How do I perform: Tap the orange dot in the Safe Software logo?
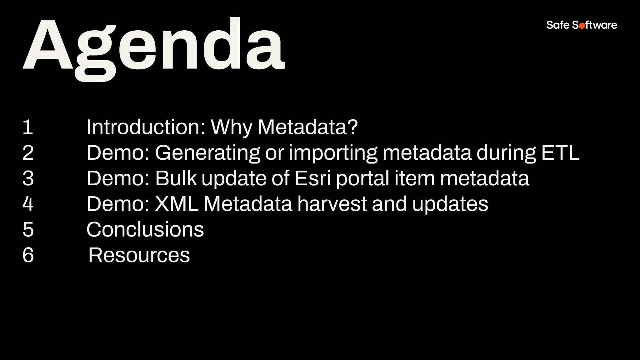(x=582, y=26)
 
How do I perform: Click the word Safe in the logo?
(x=558, y=25)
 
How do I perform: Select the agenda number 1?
(x=28, y=127)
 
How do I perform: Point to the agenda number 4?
(x=28, y=204)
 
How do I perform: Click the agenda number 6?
(x=28, y=255)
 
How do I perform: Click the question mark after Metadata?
(x=352, y=127)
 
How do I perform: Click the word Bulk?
(x=176, y=178)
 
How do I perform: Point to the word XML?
(x=177, y=204)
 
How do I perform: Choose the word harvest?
(x=332, y=204)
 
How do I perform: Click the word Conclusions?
(x=145, y=230)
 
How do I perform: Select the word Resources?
(x=139, y=255)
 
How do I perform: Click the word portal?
(x=362, y=178)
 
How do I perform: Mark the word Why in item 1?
(x=232, y=127)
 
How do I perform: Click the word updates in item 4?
(x=450, y=204)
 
